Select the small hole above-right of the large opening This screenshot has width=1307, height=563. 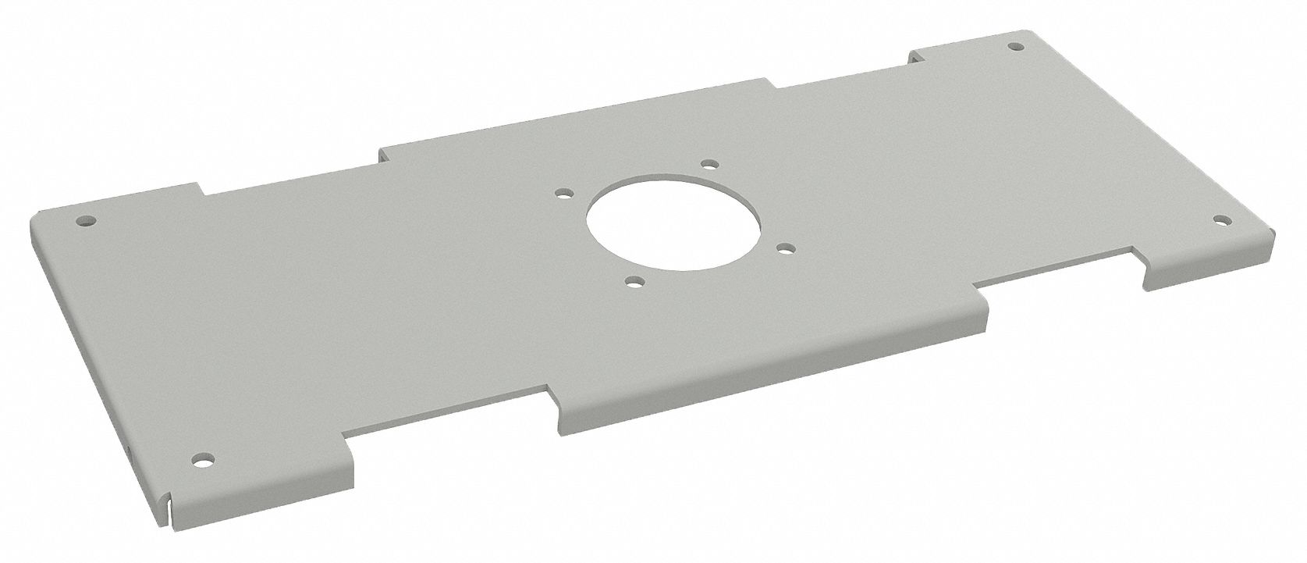[x=709, y=164]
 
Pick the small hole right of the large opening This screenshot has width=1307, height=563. [x=787, y=249]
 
